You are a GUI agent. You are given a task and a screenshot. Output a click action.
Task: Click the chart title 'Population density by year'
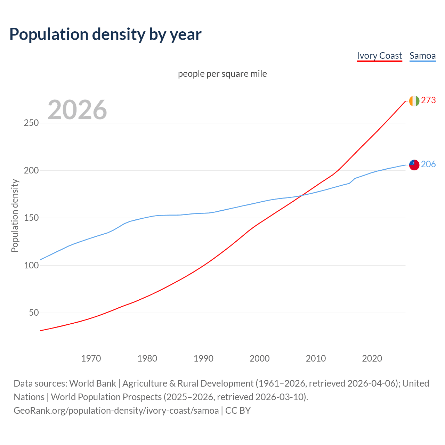point(105,34)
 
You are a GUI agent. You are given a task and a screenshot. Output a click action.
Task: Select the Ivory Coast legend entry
point(379,56)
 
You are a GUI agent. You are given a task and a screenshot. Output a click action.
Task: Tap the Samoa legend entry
point(422,56)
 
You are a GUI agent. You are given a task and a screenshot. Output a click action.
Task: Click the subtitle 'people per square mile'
point(222,74)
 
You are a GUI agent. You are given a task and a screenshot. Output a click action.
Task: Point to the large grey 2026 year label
point(77,110)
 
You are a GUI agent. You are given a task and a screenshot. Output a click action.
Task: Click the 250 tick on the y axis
point(31,123)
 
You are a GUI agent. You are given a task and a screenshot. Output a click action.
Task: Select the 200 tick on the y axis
point(31,170)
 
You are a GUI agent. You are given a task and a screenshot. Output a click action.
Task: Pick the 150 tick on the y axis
point(31,218)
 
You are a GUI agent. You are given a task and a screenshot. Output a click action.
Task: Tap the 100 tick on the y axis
point(31,265)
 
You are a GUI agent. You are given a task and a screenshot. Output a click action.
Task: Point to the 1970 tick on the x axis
point(91,358)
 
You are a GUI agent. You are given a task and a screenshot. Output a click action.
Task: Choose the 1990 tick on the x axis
point(203,358)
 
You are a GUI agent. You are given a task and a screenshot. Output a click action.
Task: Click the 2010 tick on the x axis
point(316,358)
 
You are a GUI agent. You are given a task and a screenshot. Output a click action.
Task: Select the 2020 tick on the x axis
point(372,358)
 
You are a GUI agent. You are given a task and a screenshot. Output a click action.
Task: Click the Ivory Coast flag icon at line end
point(414,101)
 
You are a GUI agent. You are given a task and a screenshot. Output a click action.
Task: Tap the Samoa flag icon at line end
point(414,165)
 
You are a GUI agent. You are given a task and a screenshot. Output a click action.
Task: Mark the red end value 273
point(428,100)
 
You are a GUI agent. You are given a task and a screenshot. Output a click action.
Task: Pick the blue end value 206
point(428,164)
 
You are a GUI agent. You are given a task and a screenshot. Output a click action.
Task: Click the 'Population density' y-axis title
point(15,216)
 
